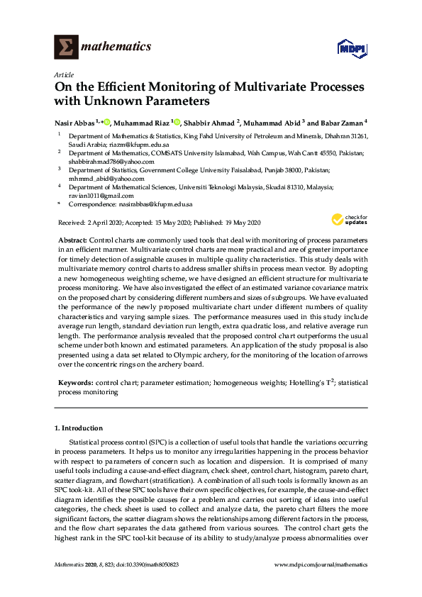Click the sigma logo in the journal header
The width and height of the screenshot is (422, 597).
tap(67, 47)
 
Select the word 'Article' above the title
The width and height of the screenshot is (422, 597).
tap(64, 75)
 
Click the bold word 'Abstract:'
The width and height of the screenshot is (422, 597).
tap(72, 241)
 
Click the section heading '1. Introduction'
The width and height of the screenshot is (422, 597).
tap(79, 428)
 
